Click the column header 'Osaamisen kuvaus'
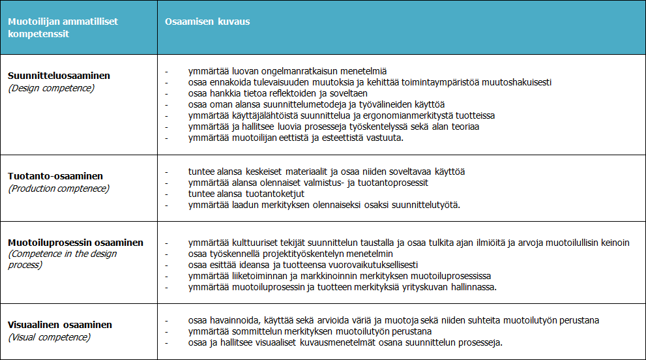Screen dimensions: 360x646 (208, 22)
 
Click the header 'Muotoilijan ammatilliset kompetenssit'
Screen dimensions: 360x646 (63, 27)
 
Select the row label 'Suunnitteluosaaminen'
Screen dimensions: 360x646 (59, 76)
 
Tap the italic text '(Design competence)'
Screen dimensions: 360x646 (51, 87)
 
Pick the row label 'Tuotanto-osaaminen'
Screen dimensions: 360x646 (55, 176)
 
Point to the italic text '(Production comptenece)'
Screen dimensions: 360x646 (59, 188)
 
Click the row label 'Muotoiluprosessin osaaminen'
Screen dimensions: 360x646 (76, 243)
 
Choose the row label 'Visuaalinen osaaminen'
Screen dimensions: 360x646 (60, 325)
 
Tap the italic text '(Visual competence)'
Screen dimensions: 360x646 (49, 337)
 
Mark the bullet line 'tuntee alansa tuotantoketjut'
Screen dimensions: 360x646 (246, 194)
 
